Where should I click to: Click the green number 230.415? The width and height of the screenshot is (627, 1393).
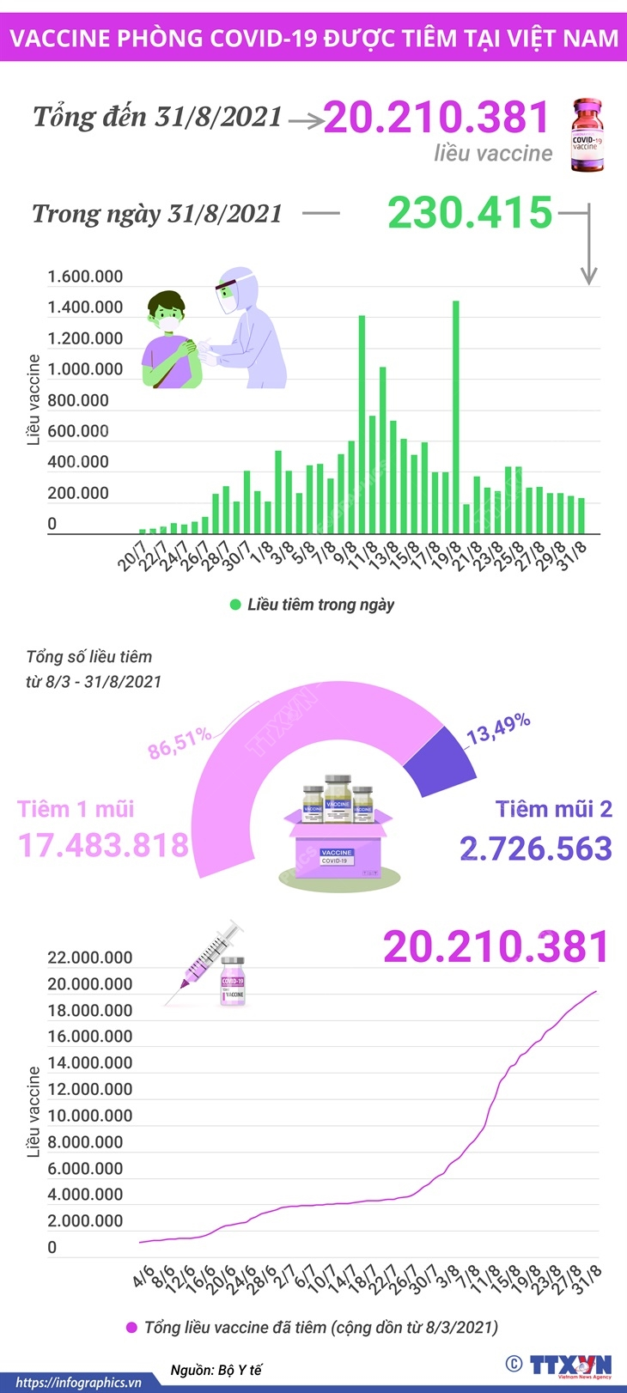pos(470,213)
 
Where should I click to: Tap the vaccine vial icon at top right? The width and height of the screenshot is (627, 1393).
pos(587,136)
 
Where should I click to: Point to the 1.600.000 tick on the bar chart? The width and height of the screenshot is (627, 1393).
pos(85,277)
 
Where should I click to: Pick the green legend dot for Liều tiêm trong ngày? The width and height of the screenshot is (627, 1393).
pos(235,605)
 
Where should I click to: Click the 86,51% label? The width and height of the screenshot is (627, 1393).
pos(180,742)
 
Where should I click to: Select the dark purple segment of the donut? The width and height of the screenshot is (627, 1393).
pos(438,759)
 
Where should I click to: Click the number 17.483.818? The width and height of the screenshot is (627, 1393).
pos(103,845)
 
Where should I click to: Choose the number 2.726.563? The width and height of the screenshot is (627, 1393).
pos(536,849)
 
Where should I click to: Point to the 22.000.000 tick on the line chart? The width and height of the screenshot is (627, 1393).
pos(90,958)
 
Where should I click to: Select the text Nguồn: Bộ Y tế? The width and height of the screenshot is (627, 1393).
pos(216,1370)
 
